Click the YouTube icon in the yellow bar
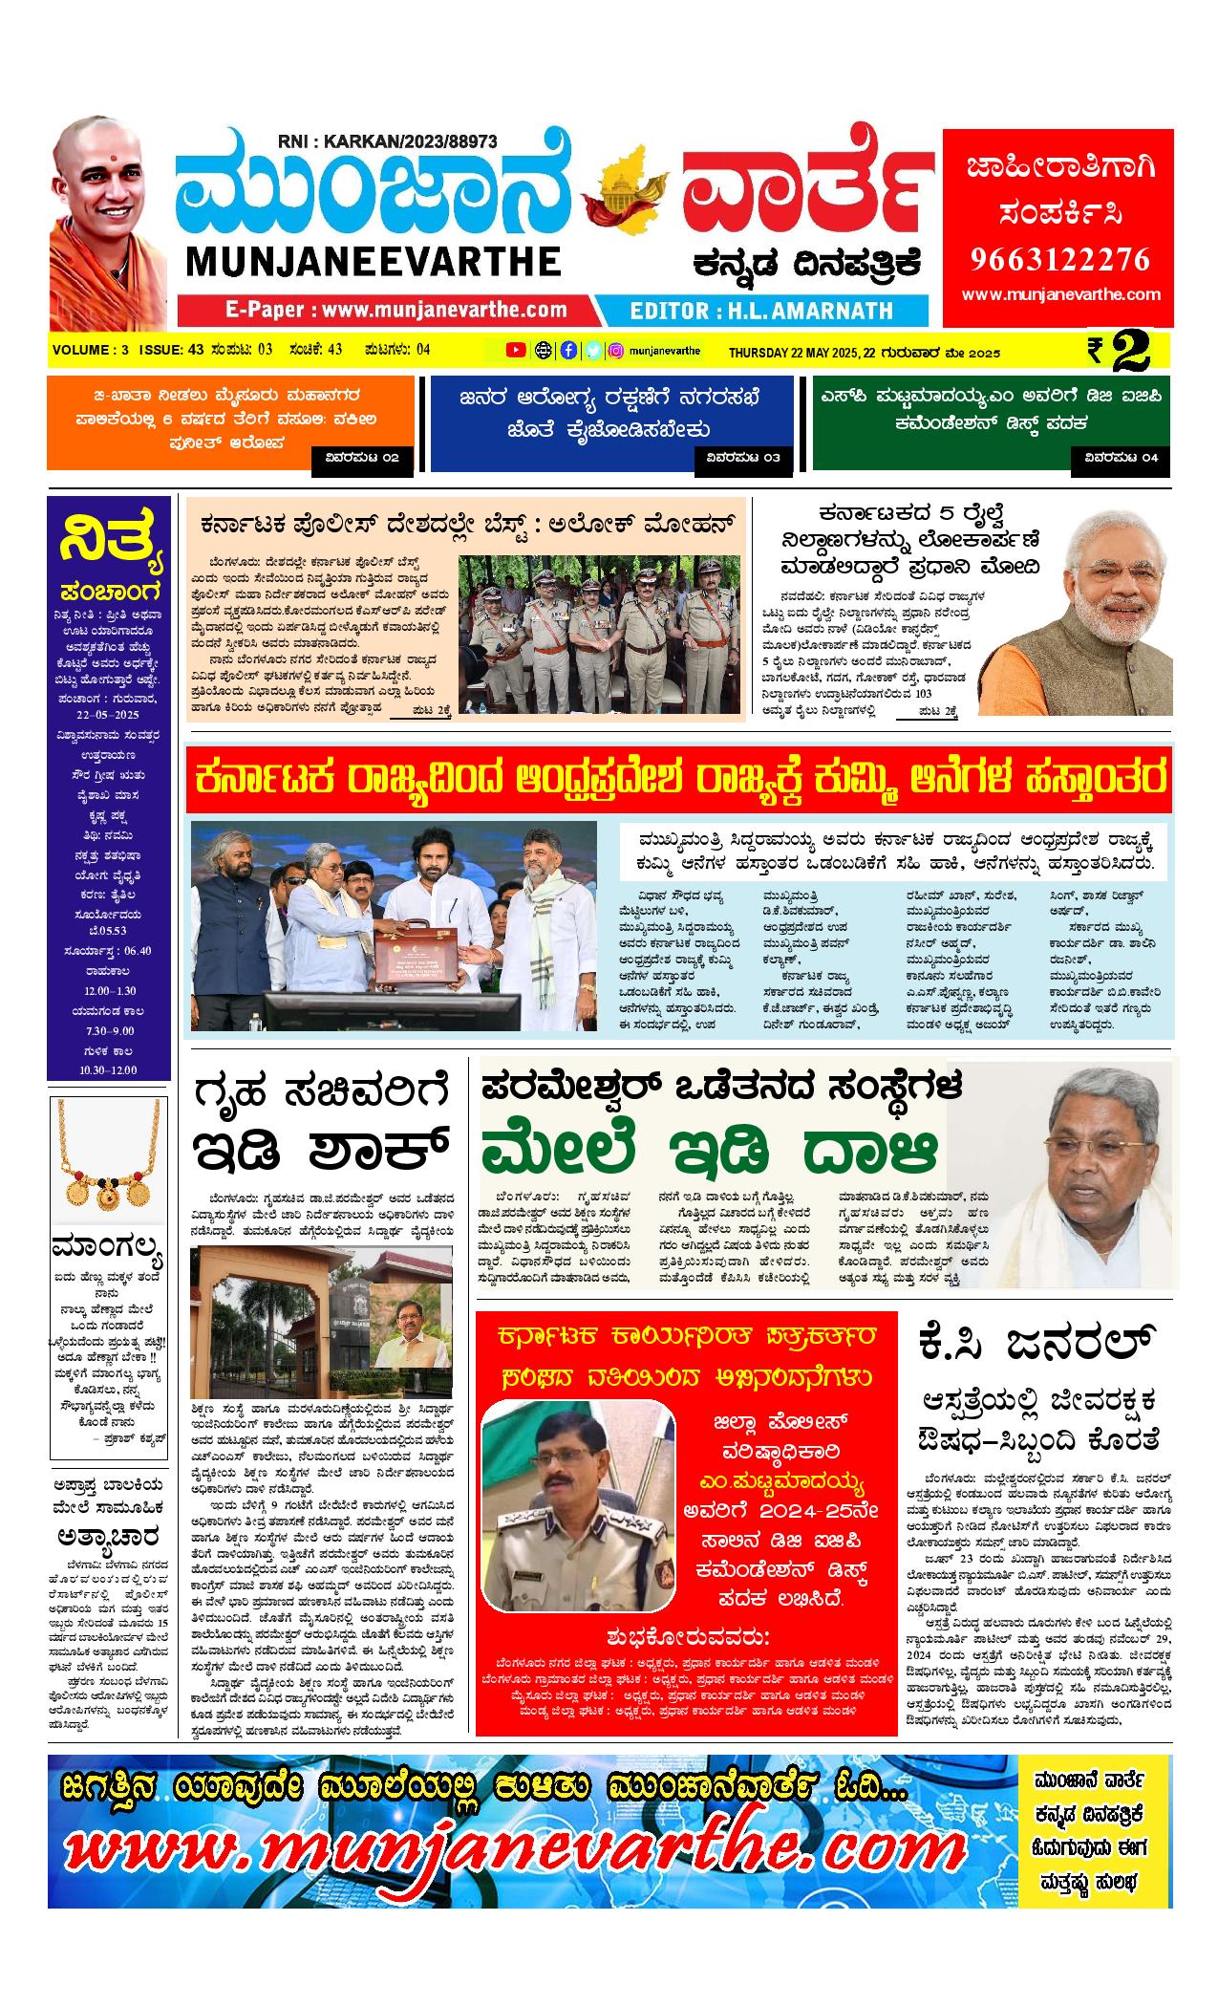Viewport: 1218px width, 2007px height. (x=515, y=350)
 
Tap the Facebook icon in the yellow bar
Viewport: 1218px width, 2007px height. (x=568, y=350)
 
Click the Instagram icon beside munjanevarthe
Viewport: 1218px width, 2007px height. (x=617, y=350)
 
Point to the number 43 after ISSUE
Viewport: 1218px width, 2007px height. (x=197, y=350)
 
